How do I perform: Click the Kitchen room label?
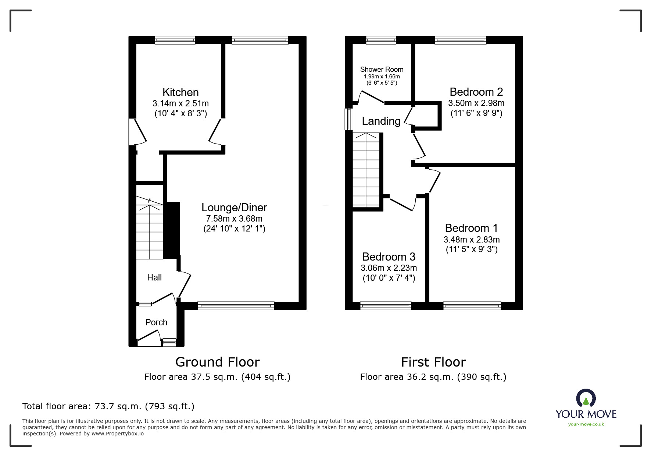[180, 92]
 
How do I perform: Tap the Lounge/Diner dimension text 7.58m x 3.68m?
[234, 219]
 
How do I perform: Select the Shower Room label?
[382, 69]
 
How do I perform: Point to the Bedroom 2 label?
[476, 92]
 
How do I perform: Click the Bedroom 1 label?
[471, 228]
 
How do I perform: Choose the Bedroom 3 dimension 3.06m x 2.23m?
[389, 268]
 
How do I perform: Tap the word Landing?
[381, 121]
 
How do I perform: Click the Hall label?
[154, 278]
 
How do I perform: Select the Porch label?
[156, 322]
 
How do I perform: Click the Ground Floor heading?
[217, 362]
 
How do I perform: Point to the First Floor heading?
[433, 362]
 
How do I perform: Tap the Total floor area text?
[108, 406]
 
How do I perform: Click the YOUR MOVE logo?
[586, 405]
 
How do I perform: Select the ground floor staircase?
[150, 228]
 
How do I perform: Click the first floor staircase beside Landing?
[366, 170]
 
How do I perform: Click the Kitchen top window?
[175, 40]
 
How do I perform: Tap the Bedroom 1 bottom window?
[472, 305]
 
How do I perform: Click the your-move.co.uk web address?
[586, 424]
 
